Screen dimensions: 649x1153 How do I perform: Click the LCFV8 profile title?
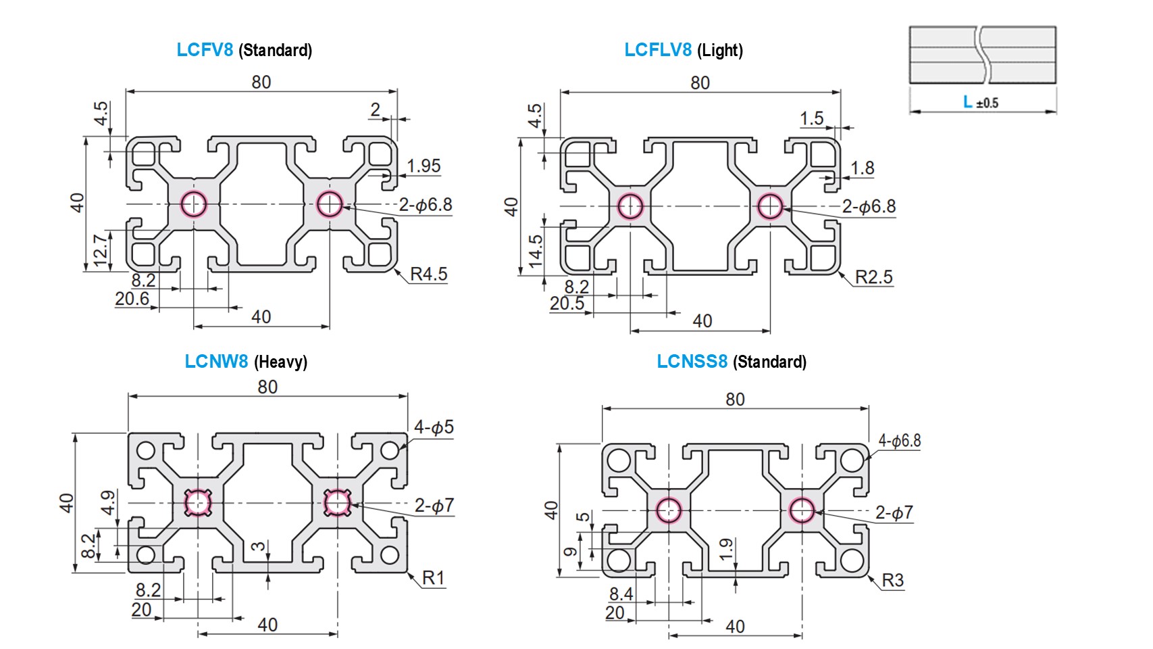coord(205,49)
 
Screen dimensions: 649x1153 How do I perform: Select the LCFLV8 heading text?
coord(657,49)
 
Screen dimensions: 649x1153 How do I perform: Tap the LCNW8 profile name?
coord(216,362)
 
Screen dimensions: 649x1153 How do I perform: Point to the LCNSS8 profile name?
coord(692,362)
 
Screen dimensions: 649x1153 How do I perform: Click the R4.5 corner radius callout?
coord(428,274)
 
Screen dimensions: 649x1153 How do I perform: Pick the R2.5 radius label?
coord(873,277)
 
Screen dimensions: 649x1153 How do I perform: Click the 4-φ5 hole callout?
coord(434,427)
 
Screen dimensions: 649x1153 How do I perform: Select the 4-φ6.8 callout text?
coord(899,441)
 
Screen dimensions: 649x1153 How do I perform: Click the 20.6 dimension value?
coord(132,299)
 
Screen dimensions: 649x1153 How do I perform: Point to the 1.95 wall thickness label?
coord(424,166)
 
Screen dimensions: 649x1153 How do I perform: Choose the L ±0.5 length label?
coord(980,102)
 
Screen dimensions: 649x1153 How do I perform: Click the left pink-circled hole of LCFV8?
coord(194,203)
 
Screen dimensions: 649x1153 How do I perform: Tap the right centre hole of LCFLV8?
coord(769,206)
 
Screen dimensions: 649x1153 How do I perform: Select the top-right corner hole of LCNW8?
coord(390,450)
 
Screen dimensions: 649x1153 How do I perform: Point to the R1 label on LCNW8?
coord(433,578)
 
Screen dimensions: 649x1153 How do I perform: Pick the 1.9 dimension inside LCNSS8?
coord(725,548)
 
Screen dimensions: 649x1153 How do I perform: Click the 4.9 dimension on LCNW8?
coord(108,502)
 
